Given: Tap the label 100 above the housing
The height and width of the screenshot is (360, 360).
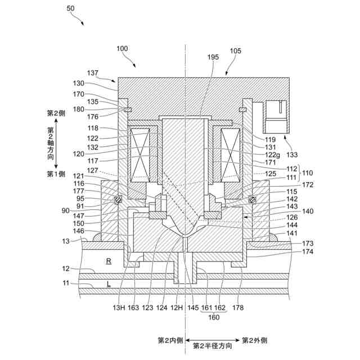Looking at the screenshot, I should (x=122, y=49).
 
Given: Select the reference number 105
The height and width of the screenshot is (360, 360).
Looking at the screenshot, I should (x=236, y=51).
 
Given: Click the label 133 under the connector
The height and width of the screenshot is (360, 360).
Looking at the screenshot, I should (x=276, y=154).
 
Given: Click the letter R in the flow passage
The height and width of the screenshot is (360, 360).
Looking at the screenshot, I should (x=109, y=261).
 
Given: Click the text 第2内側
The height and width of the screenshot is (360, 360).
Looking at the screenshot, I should (x=170, y=340).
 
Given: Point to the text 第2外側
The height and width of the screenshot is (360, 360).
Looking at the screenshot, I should (x=255, y=340).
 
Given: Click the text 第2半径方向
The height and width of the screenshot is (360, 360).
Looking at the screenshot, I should (x=212, y=346).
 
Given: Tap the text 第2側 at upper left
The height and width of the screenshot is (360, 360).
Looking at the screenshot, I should (x=56, y=113).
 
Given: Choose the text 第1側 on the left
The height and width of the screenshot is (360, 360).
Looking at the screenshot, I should (x=56, y=174).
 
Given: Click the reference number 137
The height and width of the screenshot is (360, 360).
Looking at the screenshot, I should (x=94, y=73).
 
